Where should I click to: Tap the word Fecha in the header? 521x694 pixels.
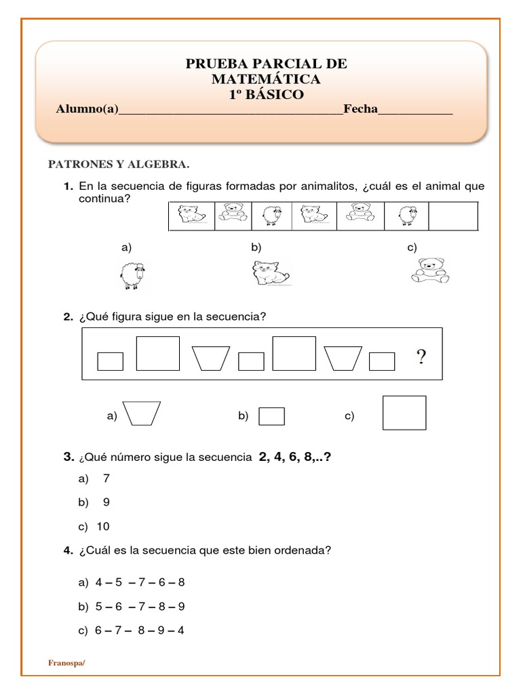tap(360, 109)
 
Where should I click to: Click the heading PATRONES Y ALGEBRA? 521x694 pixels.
tap(117, 164)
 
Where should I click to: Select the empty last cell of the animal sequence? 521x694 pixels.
tap(453, 216)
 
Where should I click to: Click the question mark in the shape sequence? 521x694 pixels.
tap(421, 358)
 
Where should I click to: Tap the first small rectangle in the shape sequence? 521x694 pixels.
tap(110, 361)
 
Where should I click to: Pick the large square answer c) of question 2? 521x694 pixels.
tap(404, 413)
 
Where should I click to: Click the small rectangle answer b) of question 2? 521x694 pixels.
tap(271, 415)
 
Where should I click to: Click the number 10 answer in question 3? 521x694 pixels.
tap(103, 527)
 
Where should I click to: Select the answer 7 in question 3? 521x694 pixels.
tap(106, 478)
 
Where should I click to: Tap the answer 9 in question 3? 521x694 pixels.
tap(106, 502)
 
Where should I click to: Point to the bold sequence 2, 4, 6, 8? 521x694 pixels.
tap(294, 457)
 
